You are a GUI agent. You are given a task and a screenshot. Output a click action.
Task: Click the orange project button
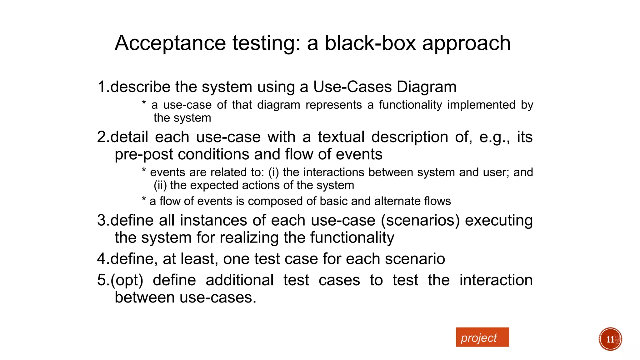click(482, 337)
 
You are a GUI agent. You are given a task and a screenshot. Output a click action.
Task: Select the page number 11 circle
click(610, 339)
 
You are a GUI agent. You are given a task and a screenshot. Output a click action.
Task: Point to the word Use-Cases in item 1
click(352, 87)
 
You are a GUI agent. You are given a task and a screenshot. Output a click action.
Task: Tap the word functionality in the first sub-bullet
click(411, 105)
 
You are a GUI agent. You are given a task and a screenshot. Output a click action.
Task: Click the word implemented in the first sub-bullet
click(481, 105)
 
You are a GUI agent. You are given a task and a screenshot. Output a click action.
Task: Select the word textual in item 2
click(341, 137)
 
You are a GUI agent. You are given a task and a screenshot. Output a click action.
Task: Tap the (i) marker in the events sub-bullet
click(273, 172)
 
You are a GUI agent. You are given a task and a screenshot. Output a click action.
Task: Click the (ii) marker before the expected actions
click(160, 185)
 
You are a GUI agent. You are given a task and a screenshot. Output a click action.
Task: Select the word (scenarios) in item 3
click(420, 221)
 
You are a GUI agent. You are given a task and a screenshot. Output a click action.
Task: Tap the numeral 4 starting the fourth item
click(102, 259)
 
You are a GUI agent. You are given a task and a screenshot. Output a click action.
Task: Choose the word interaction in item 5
click(496, 280)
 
